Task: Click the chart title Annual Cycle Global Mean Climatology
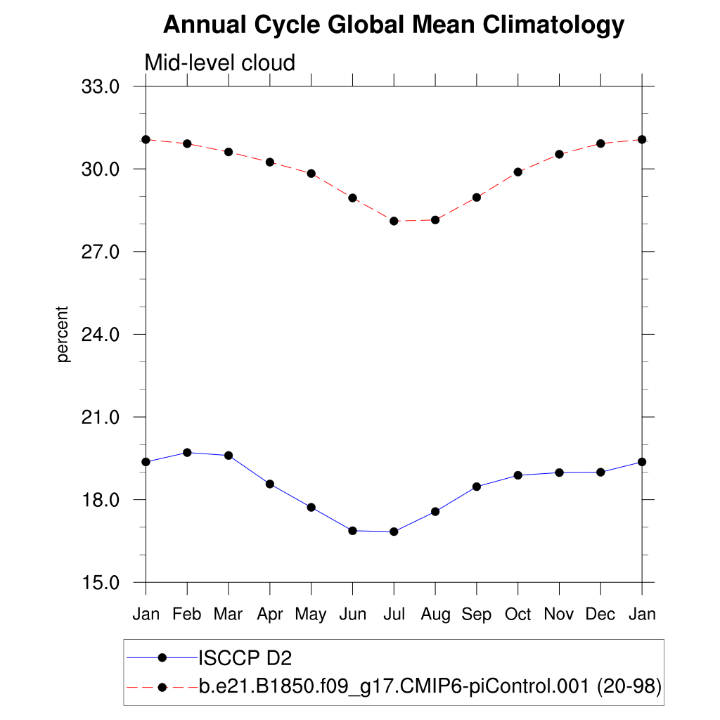pyautogui.click(x=394, y=25)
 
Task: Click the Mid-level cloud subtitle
pyautogui.click(x=219, y=63)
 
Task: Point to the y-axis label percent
pyautogui.click(x=64, y=334)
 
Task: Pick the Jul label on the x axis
pyautogui.click(x=394, y=614)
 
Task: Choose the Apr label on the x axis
pyautogui.click(x=269, y=614)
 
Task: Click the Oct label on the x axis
pyautogui.click(x=518, y=614)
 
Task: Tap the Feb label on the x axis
pyautogui.click(x=187, y=614)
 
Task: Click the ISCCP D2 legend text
pyautogui.click(x=245, y=658)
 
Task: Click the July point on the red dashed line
pyautogui.click(x=394, y=221)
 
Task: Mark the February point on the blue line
pyautogui.click(x=187, y=452)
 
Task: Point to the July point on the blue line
pyautogui.click(x=394, y=532)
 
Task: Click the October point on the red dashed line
pyautogui.click(x=518, y=172)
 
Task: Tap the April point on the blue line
pyautogui.click(x=269, y=484)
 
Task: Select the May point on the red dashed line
pyautogui.click(x=311, y=174)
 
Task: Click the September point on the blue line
pyautogui.click(x=477, y=487)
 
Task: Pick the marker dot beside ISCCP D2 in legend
pyautogui.click(x=162, y=658)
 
